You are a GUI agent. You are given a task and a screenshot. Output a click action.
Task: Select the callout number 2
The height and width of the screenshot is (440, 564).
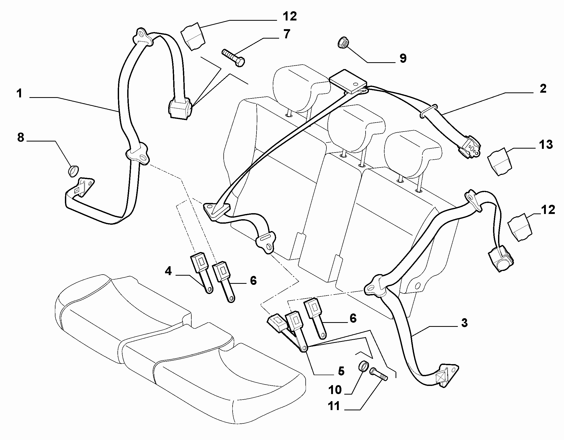tap(543, 88)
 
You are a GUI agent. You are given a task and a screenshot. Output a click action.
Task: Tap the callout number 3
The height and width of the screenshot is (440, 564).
tap(464, 323)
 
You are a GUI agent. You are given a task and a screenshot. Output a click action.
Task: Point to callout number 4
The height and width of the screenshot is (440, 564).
tap(168, 271)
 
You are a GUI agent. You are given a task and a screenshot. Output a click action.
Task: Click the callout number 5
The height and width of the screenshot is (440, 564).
tap(341, 371)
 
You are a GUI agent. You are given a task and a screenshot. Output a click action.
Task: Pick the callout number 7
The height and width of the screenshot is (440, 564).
tap(286, 34)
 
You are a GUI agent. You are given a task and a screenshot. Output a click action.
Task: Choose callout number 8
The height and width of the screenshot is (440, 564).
tap(20, 137)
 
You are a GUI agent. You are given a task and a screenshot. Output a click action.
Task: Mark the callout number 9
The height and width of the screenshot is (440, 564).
tap(403, 58)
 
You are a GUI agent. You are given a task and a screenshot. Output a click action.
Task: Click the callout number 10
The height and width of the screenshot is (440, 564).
tap(335, 390)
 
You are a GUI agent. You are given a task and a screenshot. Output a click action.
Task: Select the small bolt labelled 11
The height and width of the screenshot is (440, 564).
tap(379, 374)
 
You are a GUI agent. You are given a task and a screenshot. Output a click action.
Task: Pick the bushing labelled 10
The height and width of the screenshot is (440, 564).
tap(363, 366)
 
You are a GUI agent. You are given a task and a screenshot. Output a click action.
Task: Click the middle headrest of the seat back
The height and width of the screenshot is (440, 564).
tap(356, 127)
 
